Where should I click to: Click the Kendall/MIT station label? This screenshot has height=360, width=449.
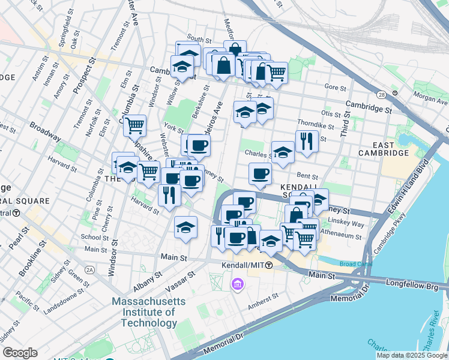[246, 265]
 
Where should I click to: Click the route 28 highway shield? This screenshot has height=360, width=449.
[381, 95]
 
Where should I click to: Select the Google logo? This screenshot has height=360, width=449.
[20, 353]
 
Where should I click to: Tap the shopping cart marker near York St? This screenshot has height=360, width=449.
[135, 125]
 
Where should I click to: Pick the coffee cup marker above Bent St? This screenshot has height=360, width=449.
[260, 173]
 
